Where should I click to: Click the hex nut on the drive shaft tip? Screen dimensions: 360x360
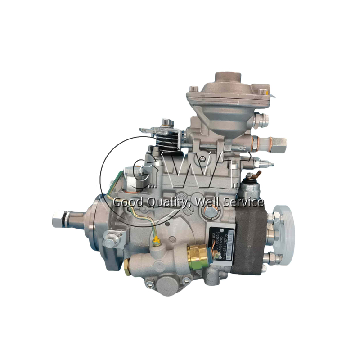[x=58, y=218]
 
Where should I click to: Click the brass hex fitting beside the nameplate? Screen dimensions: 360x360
[x=198, y=257]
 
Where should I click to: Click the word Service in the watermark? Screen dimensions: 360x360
[x=243, y=202]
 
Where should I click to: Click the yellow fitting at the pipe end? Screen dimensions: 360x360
[x=156, y=242]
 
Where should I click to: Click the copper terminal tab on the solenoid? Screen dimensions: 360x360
[x=258, y=174]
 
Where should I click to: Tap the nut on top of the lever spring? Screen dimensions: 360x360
[x=168, y=122]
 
